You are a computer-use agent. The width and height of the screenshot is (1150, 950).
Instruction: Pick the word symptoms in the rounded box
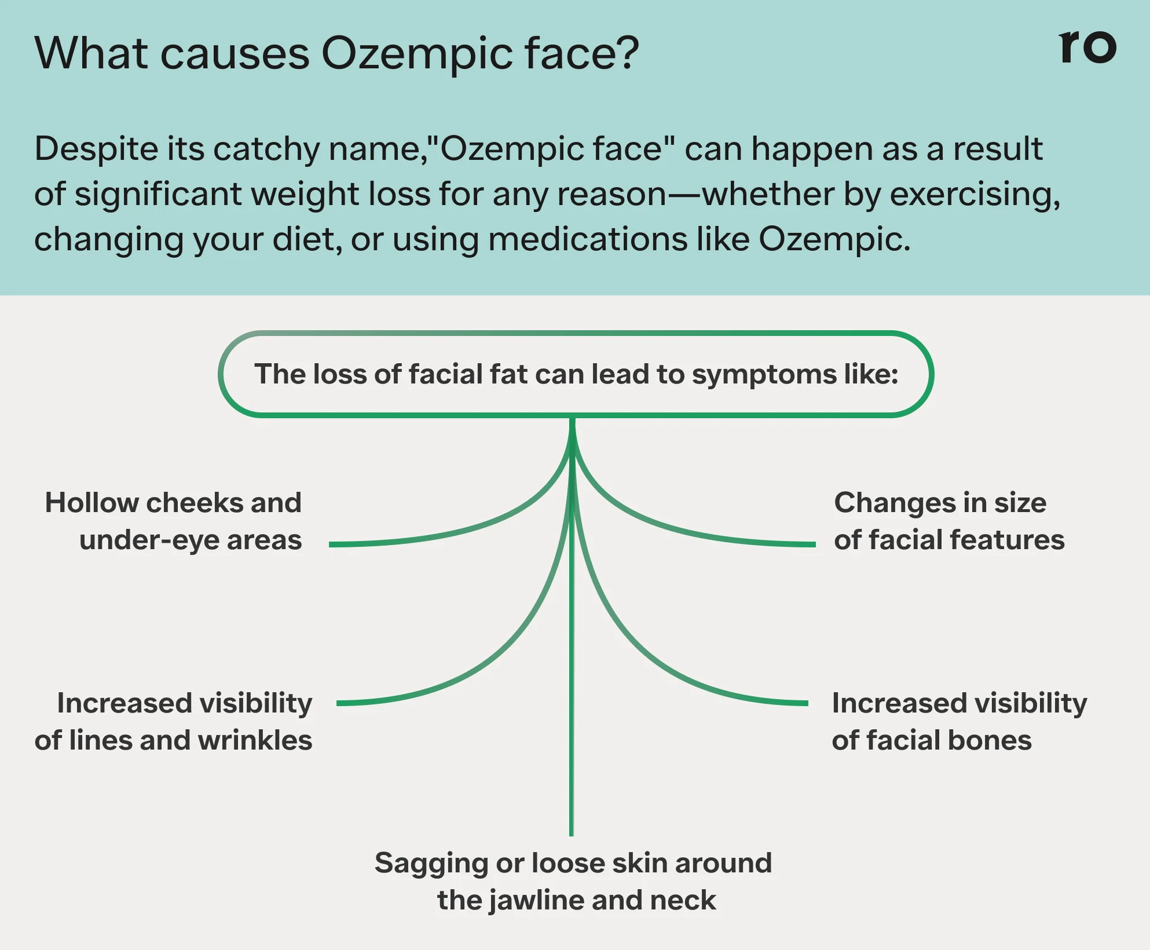[764, 375]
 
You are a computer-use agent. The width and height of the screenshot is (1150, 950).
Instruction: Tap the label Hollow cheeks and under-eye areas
[174, 521]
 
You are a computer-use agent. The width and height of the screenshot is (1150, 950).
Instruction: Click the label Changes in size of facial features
[948, 521]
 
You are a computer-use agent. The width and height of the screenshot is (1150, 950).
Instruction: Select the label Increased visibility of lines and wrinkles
[174, 721]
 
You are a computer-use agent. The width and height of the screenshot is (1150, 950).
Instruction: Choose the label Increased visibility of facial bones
[958, 721]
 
